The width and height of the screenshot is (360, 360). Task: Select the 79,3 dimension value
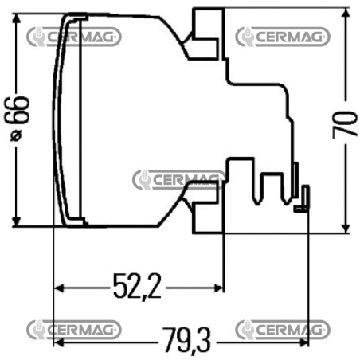(186, 340)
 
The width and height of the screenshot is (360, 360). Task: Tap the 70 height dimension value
(344, 123)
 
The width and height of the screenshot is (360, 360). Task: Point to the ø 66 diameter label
(17, 119)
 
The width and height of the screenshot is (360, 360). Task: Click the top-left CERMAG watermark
(74, 37)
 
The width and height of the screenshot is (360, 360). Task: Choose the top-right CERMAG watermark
(283, 37)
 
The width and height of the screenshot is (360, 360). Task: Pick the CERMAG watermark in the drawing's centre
(179, 180)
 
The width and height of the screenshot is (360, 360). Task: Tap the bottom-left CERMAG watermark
(74, 330)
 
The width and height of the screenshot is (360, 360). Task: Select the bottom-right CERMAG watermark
(283, 330)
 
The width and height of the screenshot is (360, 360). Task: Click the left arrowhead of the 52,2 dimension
(59, 288)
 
